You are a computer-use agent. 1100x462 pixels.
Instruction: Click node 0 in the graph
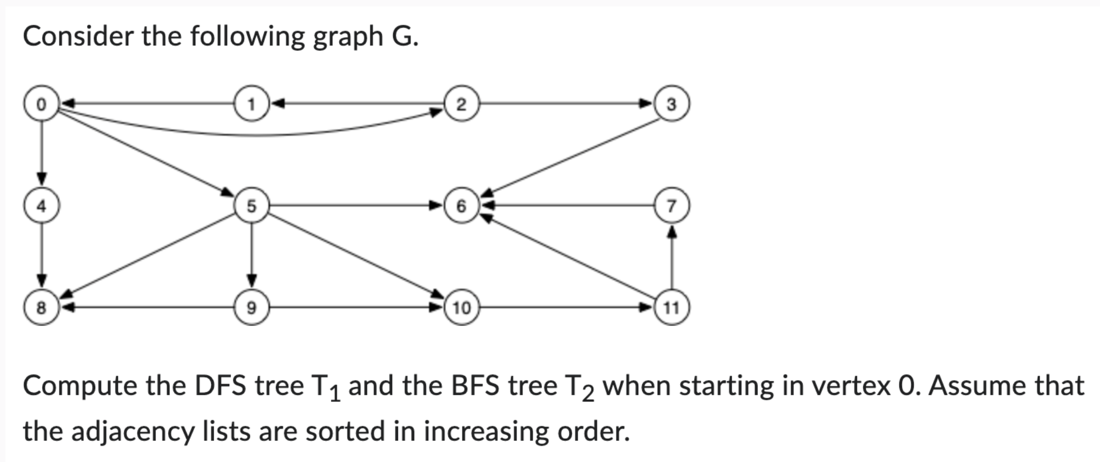(x=41, y=104)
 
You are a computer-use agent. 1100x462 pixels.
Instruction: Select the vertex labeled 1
(x=251, y=104)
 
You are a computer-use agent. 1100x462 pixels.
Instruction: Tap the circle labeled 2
(x=461, y=104)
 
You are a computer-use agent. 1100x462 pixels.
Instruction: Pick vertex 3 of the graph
(x=671, y=104)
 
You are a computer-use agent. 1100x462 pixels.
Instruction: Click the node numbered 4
(x=41, y=206)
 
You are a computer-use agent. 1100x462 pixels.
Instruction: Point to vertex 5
(x=251, y=206)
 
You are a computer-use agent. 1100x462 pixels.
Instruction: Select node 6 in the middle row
(x=461, y=206)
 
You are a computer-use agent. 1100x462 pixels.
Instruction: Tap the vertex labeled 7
(x=671, y=206)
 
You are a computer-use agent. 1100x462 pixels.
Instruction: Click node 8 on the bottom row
(x=41, y=308)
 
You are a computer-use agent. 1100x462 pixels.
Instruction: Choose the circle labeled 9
(x=251, y=308)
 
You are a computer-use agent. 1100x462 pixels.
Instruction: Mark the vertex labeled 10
(x=461, y=308)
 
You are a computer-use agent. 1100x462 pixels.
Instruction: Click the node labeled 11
(x=671, y=308)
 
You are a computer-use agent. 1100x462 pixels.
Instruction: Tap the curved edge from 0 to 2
(x=249, y=135)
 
